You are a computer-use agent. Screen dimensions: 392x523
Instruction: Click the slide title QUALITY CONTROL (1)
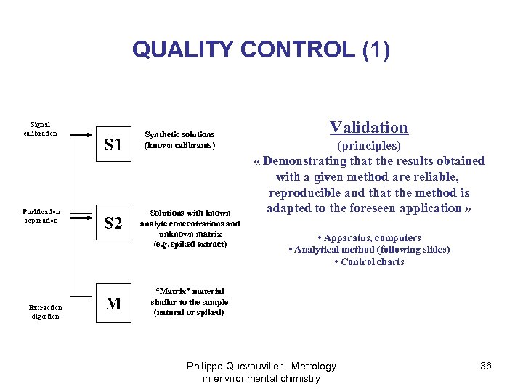[261, 50]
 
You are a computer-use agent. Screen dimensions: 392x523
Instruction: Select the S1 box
[113, 144]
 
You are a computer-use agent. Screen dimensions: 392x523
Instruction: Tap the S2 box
[113, 223]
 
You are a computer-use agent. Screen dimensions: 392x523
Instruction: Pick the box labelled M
[113, 303]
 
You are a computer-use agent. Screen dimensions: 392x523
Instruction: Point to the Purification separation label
[41, 216]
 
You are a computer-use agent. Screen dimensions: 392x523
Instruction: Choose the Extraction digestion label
[45, 311]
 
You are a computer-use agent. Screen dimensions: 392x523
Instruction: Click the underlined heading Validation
[369, 128]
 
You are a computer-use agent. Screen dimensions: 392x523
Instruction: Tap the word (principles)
[369, 146]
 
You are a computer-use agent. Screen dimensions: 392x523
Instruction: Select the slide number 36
[486, 366]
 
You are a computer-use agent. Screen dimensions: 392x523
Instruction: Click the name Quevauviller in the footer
[261, 366]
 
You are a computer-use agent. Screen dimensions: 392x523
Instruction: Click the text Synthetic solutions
[179, 134]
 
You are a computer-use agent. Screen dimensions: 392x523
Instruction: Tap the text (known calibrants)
[179, 145]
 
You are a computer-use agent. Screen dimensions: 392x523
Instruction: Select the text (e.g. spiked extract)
[190, 245]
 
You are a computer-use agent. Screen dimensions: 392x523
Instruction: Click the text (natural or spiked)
[189, 312]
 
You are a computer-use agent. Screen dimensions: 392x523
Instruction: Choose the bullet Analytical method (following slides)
[369, 250]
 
